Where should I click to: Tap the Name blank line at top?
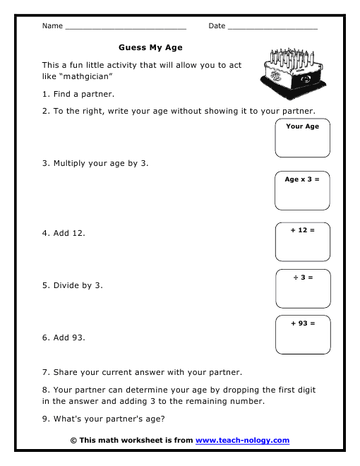pyautogui.click(x=125, y=28)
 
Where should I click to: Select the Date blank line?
pyautogui.click(x=272, y=28)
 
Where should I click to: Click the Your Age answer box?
pyautogui.click(x=303, y=138)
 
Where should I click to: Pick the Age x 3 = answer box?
pyautogui.click(x=303, y=191)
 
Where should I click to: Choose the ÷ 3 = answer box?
pyautogui.click(x=303, y=289)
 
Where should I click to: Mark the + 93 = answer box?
pyautogui.click(x=303, y=335)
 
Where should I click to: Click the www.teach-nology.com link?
pyautogui.click(x=242, y=441)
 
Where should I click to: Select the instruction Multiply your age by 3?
pyautogui.click(x=95, y=163)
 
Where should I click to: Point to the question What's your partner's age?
pyautogui.click(x=104, y=419)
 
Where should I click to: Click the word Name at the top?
pyautogui.click(x=52, y=26)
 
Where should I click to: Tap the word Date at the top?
pyautogui.click(x=217, y=26)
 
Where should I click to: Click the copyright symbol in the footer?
pyautogui.click(x=73, y=441)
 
